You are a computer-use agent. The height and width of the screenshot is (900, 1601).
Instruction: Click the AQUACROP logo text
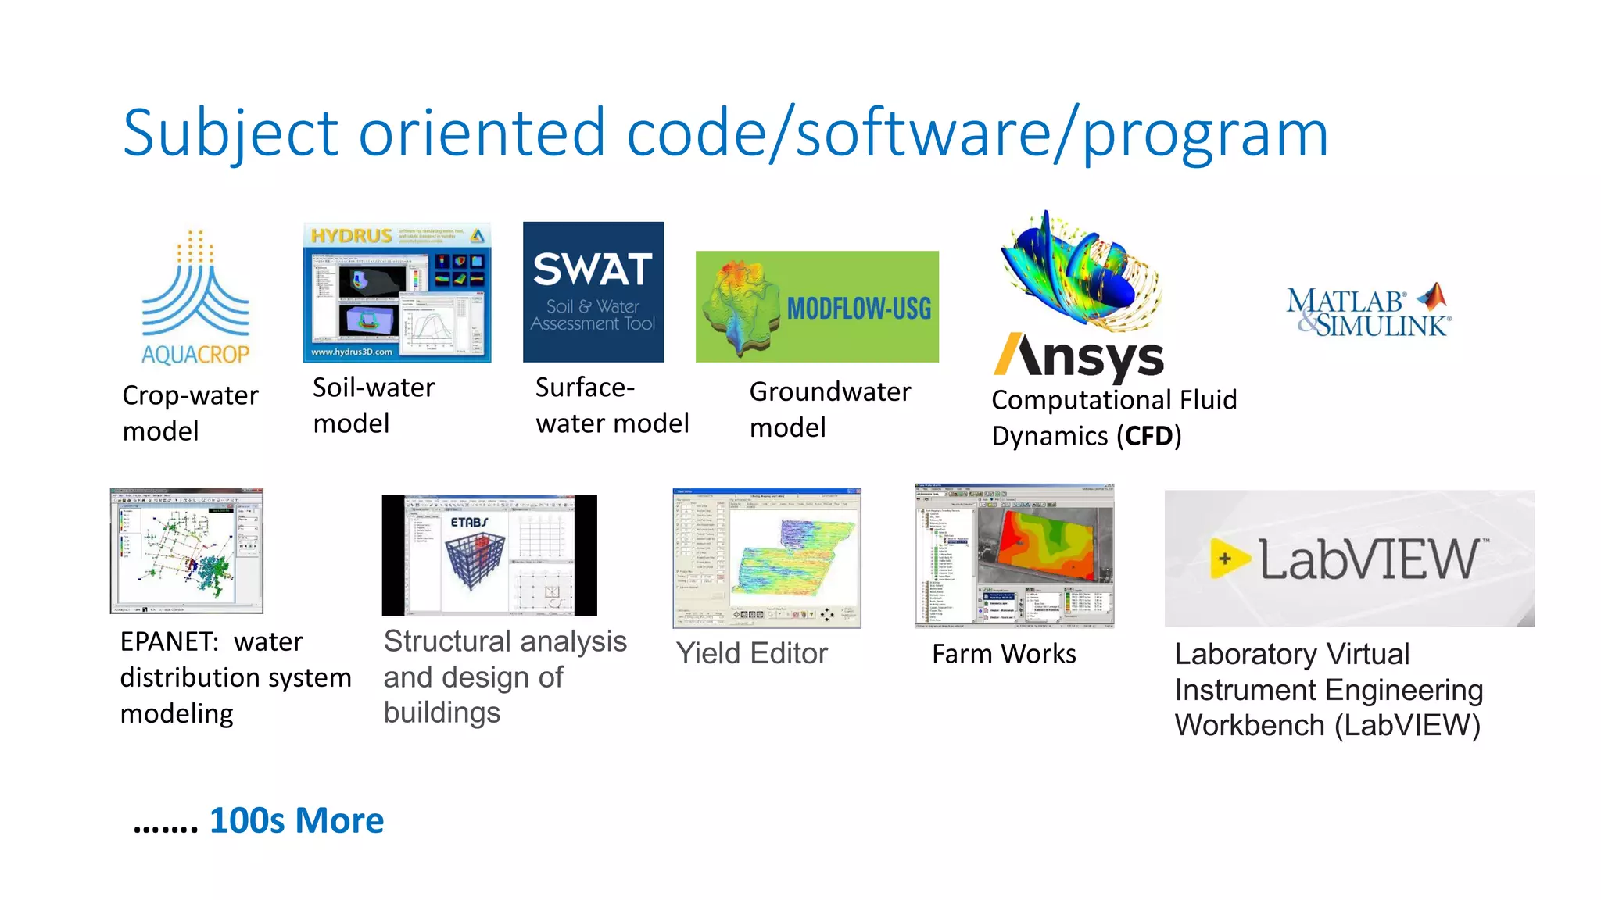195,355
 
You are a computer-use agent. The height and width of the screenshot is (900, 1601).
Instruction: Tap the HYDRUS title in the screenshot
351,235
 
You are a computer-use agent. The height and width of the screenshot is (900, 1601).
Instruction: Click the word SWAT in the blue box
593,270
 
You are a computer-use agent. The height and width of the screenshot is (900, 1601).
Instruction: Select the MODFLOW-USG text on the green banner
858,309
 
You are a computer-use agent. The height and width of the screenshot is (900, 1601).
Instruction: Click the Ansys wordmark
1079,357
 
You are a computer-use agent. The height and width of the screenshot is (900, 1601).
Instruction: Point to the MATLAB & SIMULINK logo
1369,312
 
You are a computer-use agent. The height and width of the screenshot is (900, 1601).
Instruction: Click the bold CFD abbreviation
1148,436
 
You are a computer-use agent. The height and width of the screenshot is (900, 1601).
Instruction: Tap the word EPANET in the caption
167,642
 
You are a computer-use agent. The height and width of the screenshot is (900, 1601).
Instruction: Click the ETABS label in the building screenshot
468,522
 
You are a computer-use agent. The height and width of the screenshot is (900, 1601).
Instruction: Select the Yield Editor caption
751,653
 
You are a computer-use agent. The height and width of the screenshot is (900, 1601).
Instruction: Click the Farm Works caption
1004,654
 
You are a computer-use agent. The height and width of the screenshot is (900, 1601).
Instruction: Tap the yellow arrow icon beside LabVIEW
1227,559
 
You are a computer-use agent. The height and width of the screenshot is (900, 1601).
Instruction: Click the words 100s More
296,820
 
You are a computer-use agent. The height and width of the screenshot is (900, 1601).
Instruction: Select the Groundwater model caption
829,409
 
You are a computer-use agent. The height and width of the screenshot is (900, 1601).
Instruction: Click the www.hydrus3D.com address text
351,352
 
